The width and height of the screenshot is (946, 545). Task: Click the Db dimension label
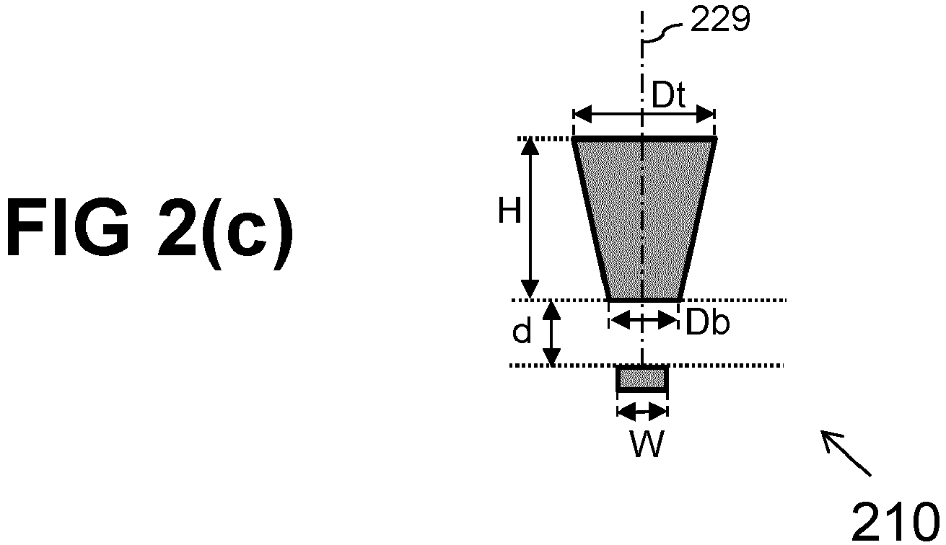pos(708,323)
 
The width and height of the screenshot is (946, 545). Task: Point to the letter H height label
pos(510,211)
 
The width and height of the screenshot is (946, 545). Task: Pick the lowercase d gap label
pos(522,331)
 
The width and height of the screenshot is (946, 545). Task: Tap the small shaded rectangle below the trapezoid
pos(642,378)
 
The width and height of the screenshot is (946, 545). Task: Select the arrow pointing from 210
pos(846,453)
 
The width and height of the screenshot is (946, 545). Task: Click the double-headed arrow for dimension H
pos(530,218)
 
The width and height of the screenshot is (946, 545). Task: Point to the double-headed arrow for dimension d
pos(551,333)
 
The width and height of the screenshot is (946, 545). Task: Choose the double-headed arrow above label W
pos(642,412)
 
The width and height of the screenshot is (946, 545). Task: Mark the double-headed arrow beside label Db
pos(644,321)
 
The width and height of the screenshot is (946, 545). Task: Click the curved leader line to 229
pos(662,32)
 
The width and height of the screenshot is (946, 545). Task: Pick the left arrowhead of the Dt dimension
pos(582,113)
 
